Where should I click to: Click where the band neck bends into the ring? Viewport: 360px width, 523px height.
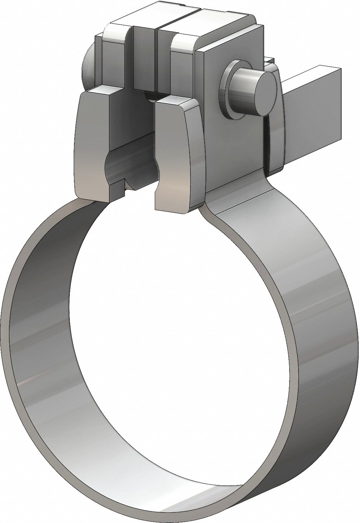pos(212,212)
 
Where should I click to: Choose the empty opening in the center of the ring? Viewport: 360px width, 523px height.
pos(167,338)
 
